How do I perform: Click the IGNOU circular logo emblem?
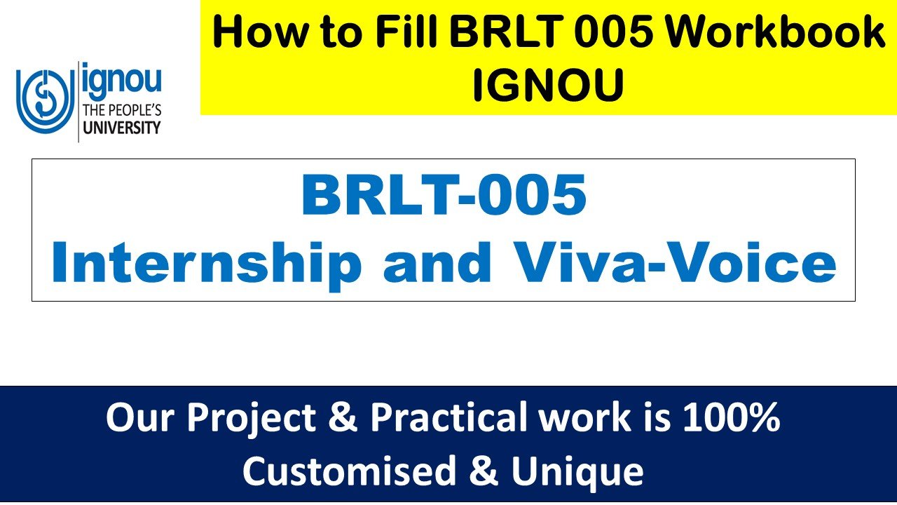pyautogui.click(x=43, y=102)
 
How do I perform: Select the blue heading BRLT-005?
pyautogui.click(x=444, y=196)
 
